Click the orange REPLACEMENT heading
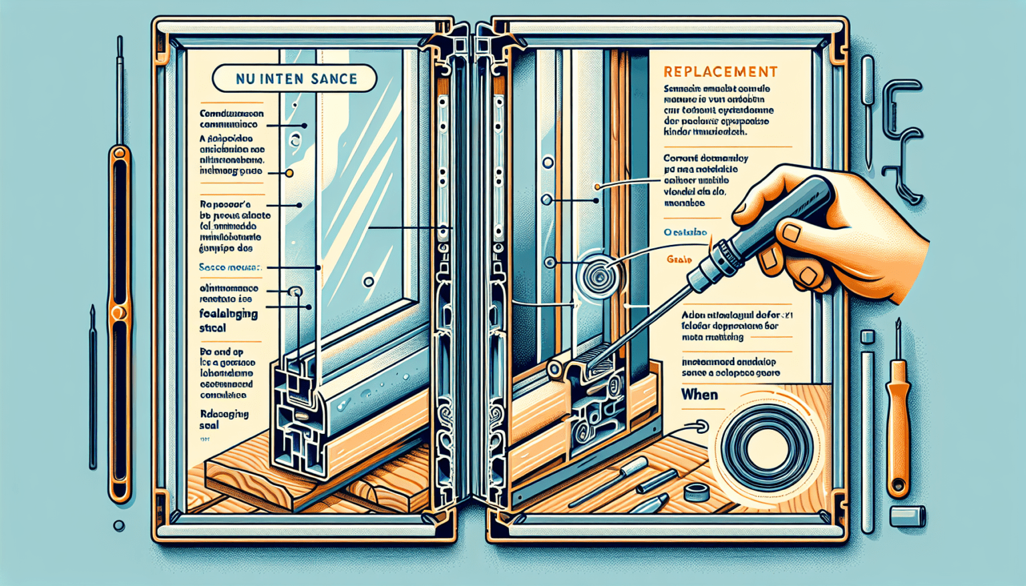pyautogui.click(x=720, y=72)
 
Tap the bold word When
pyautogui.click(x=699, y=394)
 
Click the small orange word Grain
pyautogui.click(x=679, y=260)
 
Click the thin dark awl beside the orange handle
pyautogui.click(x=93, y=387)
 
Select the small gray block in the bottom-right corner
pyautogui.click(x=908, y=515)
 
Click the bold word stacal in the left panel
pyautogui.click(x=212, y=328)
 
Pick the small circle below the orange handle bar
pyautogui.click(x=119, y=526)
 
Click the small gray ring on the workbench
pyautogui.click(x=697, y=493)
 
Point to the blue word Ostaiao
pyautogui.click(x=685, y=232)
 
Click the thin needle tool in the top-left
pyautogui.click(x=120, y=87)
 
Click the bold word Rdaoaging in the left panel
pyautogui.click(x=224, y=414)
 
